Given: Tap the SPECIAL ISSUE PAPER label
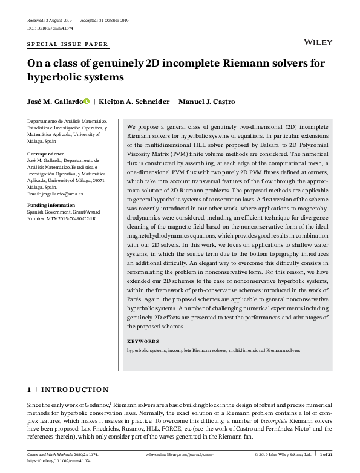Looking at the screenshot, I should click(x=68, y=44).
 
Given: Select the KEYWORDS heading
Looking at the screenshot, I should click(x=143, y=341).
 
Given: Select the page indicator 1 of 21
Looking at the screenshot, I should click(x=327, y=453).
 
